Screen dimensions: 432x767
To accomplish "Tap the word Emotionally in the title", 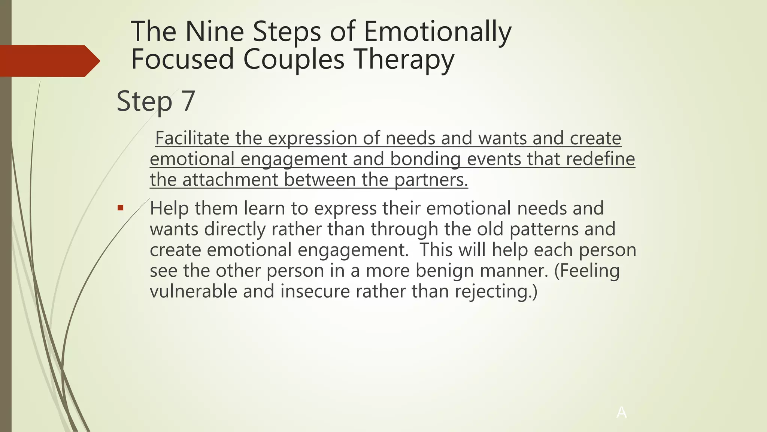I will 437,32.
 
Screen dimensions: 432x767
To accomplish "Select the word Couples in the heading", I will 294,60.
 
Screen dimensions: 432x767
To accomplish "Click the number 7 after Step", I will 188,101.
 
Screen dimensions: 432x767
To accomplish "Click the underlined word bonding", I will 425,159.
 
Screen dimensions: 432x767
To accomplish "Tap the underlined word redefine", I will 600,159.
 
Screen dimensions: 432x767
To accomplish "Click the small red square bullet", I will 120,208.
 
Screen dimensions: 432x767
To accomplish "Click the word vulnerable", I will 193,291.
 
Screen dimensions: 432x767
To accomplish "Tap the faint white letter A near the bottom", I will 621,412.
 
